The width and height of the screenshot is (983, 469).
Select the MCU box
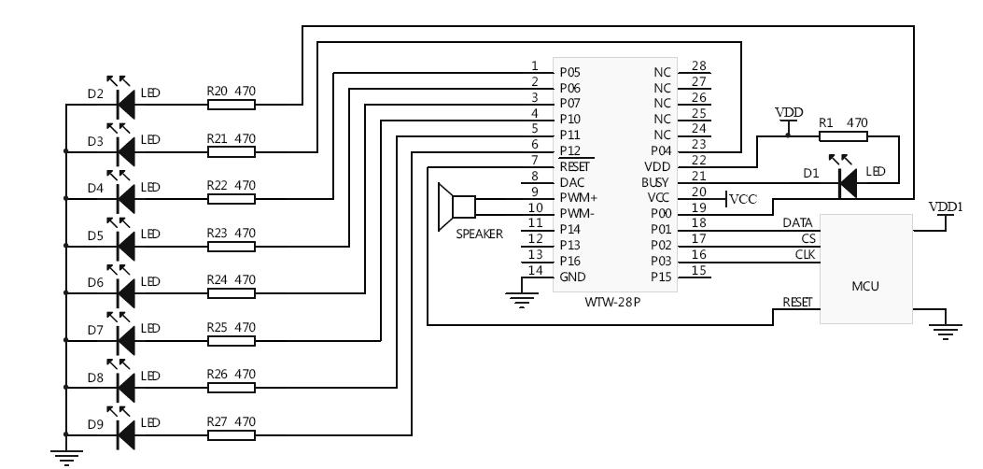[865, 269]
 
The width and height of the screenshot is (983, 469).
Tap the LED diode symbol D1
[848, 183]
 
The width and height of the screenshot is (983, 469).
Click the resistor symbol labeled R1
[843, 135]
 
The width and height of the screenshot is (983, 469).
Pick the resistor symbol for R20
[231, 104]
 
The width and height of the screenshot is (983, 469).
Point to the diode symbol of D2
[124, 104]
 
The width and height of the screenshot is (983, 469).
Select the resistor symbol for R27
[231, 433]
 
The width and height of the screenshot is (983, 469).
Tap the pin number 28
[697, 66]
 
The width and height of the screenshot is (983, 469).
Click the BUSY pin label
[655, 181]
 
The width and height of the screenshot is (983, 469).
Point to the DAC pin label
[572, 181]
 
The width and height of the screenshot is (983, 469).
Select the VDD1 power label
[945, 206]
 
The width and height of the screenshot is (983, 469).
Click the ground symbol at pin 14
[523, 299]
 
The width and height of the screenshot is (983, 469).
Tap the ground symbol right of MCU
[948, 331]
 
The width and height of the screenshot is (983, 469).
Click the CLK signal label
[805, 254]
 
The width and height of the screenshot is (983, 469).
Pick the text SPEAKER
[479, 234]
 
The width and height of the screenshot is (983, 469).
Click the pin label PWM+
[578, 198]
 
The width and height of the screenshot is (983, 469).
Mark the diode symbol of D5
[124, 245]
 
